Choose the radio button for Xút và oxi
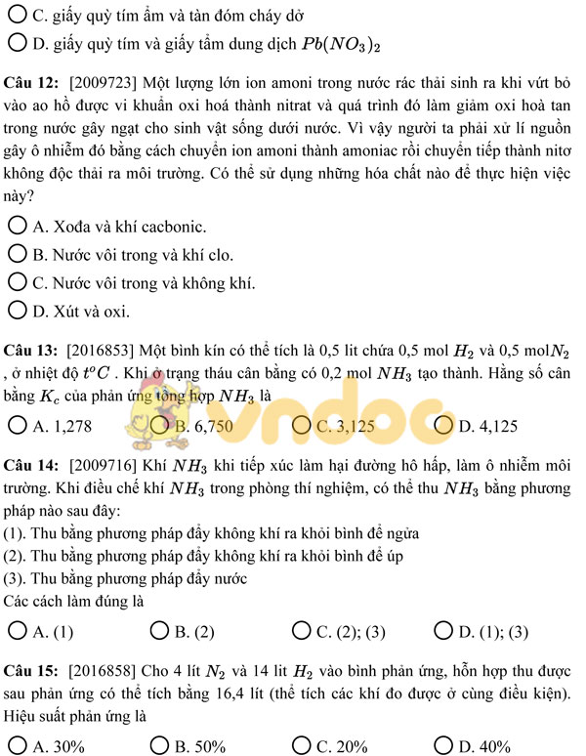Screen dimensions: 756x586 [17, 312]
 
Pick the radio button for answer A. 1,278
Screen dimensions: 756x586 [17, 425]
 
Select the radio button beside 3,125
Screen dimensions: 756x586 [301, 425]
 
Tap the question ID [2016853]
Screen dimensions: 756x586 [101, 350]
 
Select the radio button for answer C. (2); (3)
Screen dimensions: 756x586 [301, 630]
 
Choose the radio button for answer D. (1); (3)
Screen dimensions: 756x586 [442, 630]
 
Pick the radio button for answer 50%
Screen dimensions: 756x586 [158, 745]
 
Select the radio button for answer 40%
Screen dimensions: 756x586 [442, 745]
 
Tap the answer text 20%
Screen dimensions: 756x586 [350, 746]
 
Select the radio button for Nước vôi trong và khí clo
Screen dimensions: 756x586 [17, 255]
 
